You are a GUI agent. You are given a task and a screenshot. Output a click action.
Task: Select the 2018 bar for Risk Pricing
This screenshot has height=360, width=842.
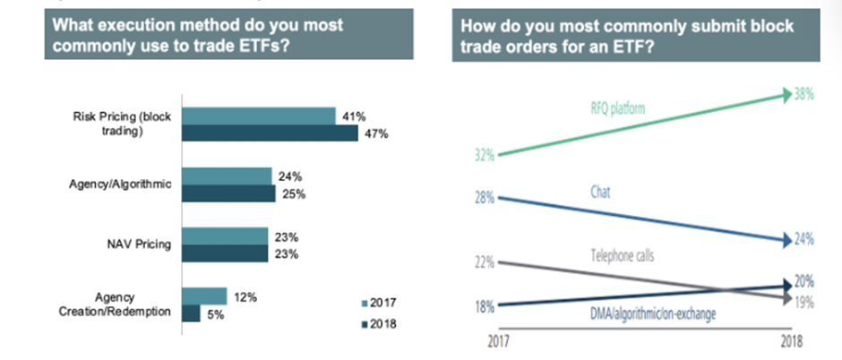click(x=268, y=133)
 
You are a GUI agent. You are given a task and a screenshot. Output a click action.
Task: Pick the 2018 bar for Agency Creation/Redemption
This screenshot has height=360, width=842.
click(x=191, y=313)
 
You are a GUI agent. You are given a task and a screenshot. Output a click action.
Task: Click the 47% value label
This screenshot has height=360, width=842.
click(x=374, y=133)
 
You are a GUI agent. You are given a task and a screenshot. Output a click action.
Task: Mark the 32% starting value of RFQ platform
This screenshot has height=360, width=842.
click(x=484, y=154)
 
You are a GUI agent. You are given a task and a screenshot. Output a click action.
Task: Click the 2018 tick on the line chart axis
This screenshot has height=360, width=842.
click(x=791, y=341)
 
